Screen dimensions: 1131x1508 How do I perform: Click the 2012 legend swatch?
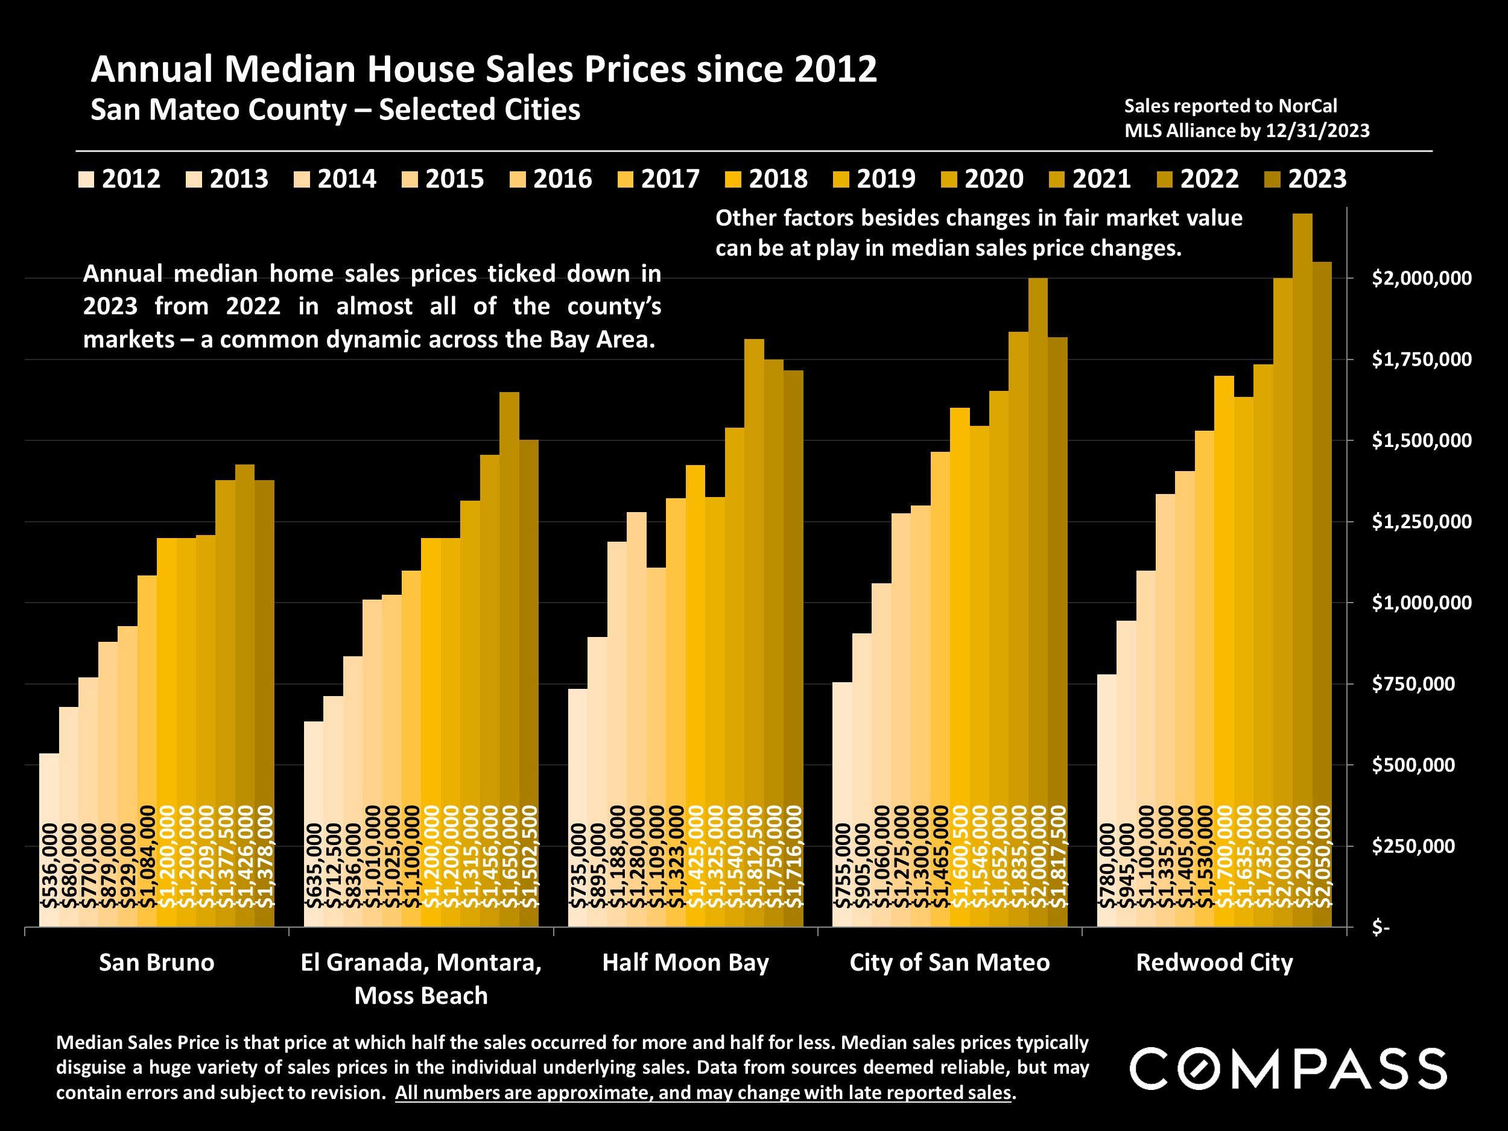86,179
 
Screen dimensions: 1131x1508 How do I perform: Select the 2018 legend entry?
766,179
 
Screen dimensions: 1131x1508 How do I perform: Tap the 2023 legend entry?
1305,179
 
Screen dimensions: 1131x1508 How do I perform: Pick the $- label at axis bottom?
1381,928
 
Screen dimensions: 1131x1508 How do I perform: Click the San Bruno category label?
157,963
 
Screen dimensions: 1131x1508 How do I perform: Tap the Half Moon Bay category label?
685,963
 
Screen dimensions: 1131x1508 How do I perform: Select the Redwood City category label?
1214,963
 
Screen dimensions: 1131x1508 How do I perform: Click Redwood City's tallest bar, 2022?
1302,545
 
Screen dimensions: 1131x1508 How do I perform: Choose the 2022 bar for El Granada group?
509,613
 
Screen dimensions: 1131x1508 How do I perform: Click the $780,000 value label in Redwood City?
1107,866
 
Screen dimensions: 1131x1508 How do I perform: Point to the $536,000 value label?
49,866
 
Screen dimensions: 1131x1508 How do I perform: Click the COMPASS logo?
1288,1069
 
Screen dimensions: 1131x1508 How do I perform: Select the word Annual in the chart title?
151,69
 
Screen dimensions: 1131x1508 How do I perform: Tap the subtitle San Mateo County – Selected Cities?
335,110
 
